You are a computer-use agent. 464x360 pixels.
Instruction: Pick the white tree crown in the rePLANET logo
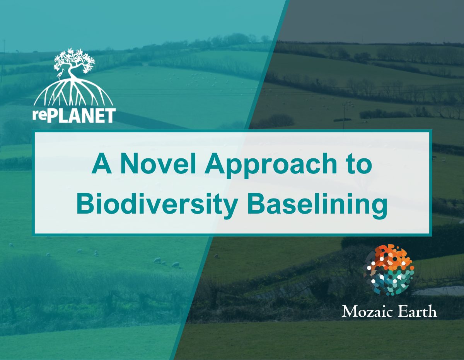pyautogui.click(x=74, y=60)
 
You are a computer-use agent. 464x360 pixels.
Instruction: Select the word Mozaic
pyautogui.click(x=367, y=312)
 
